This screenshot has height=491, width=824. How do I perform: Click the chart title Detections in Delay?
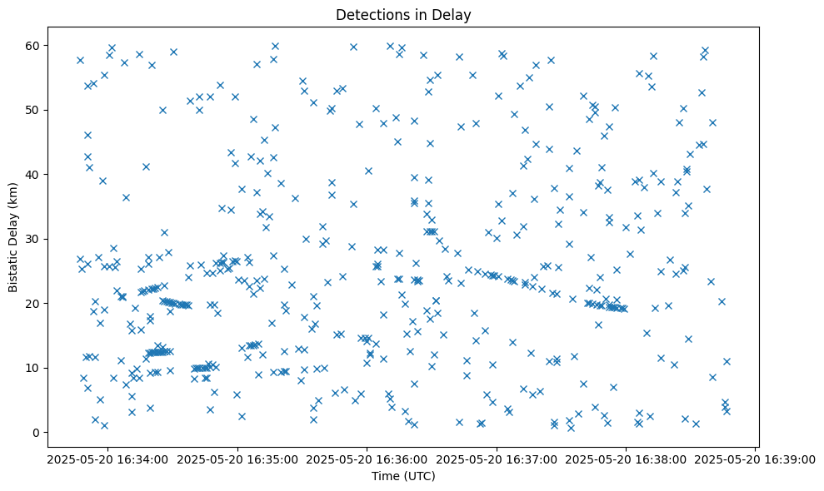point(403,14)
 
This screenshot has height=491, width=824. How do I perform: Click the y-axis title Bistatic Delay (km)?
point(13,226)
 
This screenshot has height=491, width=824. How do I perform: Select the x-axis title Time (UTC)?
point(403,477)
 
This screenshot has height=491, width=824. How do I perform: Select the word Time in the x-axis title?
point(385,477)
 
